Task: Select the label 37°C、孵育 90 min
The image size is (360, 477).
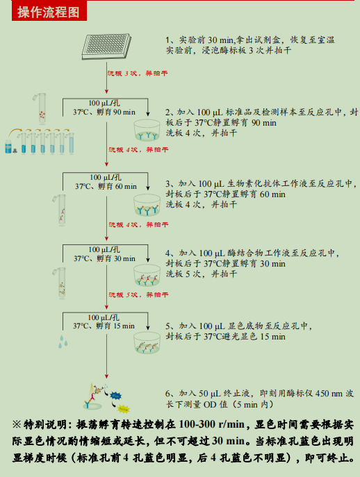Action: coord(104,112)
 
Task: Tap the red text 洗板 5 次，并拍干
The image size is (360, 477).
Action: coord(137,295)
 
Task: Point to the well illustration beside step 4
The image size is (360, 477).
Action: coord(148,276)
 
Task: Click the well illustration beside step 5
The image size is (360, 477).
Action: coord(148,342)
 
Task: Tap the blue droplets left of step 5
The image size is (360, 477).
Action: coord(64,342)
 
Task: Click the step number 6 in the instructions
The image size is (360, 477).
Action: coord(168,393)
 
